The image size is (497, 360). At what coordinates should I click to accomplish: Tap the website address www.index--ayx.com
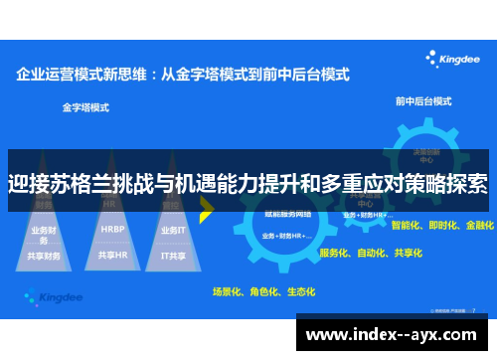tap(395, 333)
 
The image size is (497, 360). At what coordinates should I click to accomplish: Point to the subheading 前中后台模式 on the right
tap(423, 101)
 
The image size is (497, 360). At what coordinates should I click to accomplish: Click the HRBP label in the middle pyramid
tap(112, 228)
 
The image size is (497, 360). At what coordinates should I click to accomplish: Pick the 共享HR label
tap(112, 255)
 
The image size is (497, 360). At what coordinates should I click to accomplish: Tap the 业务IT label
tap(173, 229)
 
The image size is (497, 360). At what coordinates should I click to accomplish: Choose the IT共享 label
tap(173, 255)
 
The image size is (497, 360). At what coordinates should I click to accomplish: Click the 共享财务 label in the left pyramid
tap(45, 255)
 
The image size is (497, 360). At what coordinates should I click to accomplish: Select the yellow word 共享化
tap(407, 254)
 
